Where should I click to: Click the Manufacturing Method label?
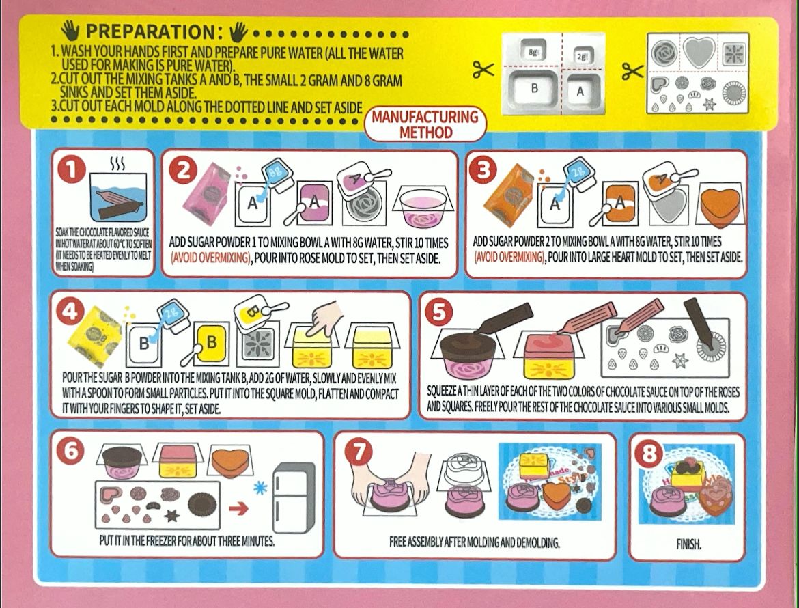tap(424, 124)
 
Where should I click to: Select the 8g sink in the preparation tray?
tap(531, 52)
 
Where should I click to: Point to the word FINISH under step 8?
tap(688, 544)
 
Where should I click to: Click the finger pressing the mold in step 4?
tap(320, 316)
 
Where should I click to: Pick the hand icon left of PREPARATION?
tap(70, 31)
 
